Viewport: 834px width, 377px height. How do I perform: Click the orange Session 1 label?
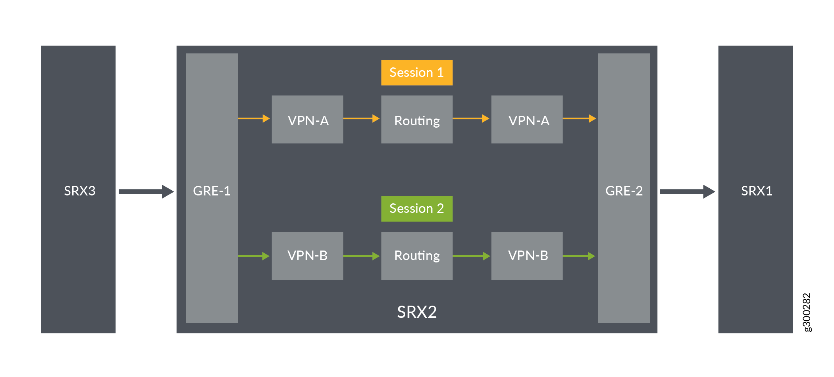pos(416,73)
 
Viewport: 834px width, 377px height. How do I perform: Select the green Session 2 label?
pos(416,209)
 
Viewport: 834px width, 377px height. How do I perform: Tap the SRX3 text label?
pos(79,191)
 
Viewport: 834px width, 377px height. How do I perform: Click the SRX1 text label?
pos(756,191)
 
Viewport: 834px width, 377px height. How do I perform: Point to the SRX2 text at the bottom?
pos(416,312)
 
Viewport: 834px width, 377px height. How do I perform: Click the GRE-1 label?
pos(212,191)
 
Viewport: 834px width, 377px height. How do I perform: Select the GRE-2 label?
pos(624,191)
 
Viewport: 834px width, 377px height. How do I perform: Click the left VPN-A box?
pos(307,119)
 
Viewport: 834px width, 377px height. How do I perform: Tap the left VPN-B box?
pos(307,256)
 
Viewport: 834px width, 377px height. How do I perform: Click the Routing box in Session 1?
pos(416,119)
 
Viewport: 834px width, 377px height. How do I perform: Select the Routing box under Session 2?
pos(416,256)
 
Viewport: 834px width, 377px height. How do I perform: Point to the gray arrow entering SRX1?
pos(687,191)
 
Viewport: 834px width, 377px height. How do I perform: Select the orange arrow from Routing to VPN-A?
pos(471,118)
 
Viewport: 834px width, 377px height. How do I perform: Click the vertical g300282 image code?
pos(807,312)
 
